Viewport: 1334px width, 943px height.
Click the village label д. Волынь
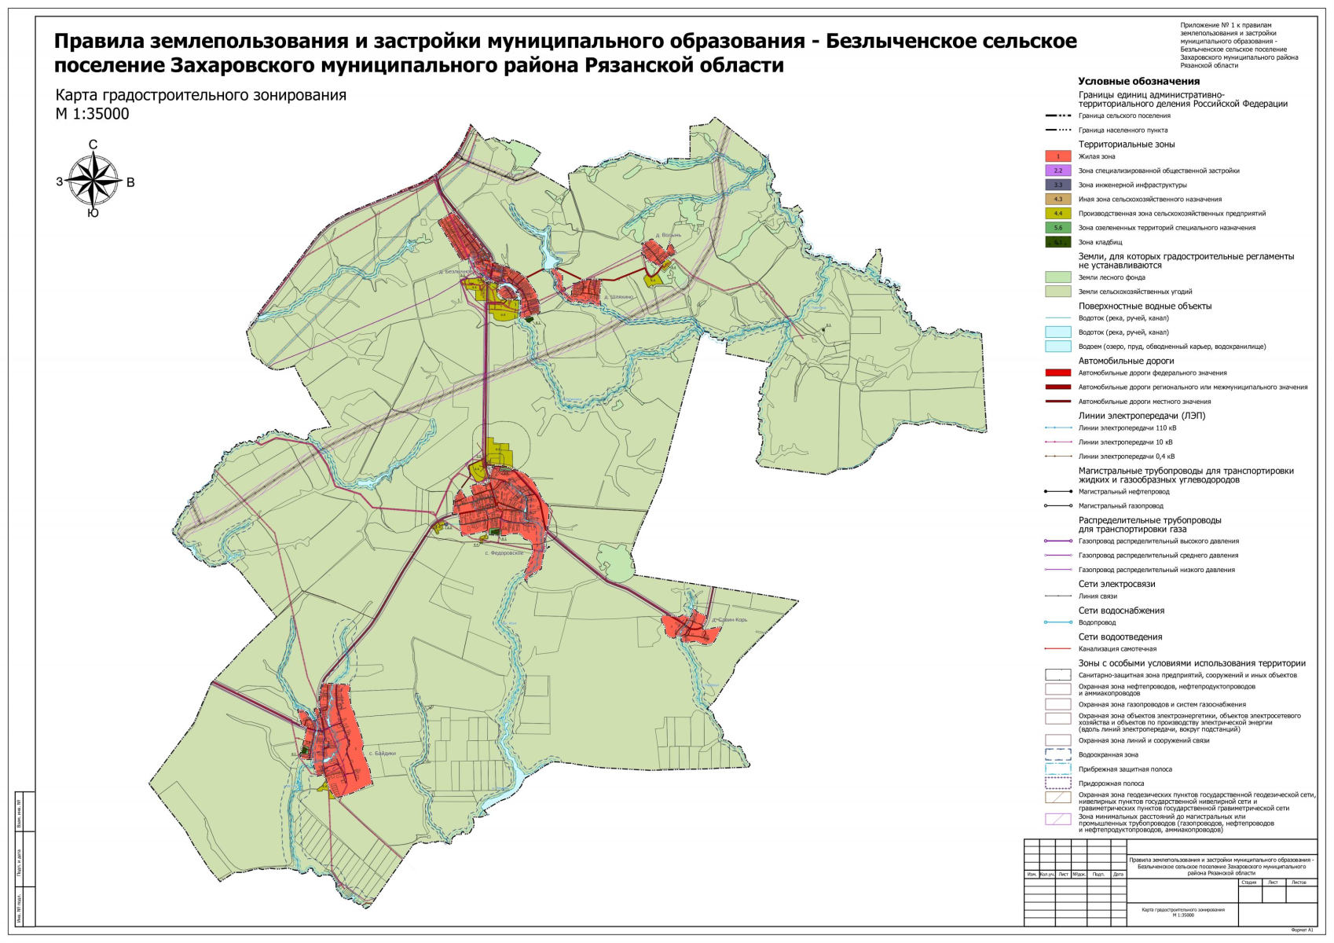(669, 235)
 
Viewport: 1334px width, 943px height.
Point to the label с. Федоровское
(504, 553)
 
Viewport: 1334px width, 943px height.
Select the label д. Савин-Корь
(730, 619)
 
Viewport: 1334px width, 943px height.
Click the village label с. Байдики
(383, 753)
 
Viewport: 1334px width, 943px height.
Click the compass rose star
(93, 179)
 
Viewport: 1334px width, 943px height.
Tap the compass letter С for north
(93, 145)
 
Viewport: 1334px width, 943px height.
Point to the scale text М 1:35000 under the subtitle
(92, 114)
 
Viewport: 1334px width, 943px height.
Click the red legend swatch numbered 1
(1057, 156)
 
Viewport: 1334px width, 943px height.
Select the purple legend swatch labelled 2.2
(1057, 171)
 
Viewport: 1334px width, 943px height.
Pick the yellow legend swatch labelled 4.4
(1057, 213)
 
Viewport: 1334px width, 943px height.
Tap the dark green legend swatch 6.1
(1057, 242)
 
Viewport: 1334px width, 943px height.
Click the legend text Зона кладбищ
(1100, 242)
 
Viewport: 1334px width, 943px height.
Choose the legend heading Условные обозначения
(1138, 81)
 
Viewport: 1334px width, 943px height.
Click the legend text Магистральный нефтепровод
(1123, 491)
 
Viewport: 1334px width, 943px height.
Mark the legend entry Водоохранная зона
(1108, 754)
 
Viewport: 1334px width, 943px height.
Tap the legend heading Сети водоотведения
(1120, 637)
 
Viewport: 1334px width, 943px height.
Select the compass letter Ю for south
(93, 213)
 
